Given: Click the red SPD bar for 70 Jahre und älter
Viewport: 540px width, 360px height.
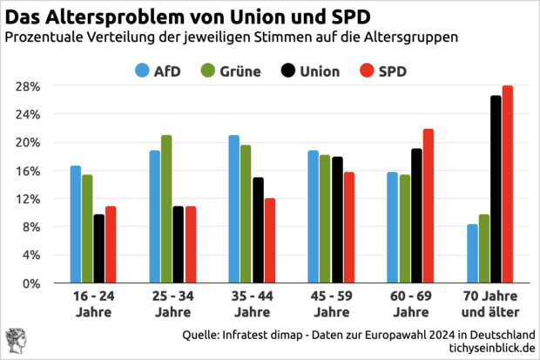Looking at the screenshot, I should (x=508, y=185).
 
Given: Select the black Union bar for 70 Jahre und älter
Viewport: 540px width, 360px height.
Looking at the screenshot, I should (x=496, y=189).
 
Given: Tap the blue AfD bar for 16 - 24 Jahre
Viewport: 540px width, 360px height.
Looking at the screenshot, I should (x=76, y=225).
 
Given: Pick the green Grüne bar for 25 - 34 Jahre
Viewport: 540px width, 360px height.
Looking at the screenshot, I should (x=166, y=209).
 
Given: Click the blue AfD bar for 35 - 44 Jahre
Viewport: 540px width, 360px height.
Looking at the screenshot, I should (x=233, y=209).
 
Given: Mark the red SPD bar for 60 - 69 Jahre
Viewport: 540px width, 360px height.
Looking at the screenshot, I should (x=428, y=206).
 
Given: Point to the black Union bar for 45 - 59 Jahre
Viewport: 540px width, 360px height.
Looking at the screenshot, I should (x=337, y=220).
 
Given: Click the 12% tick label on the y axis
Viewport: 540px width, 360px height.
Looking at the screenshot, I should (x=30, y=199).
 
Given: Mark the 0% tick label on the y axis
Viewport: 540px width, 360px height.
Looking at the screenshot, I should (x=33, y=283).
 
